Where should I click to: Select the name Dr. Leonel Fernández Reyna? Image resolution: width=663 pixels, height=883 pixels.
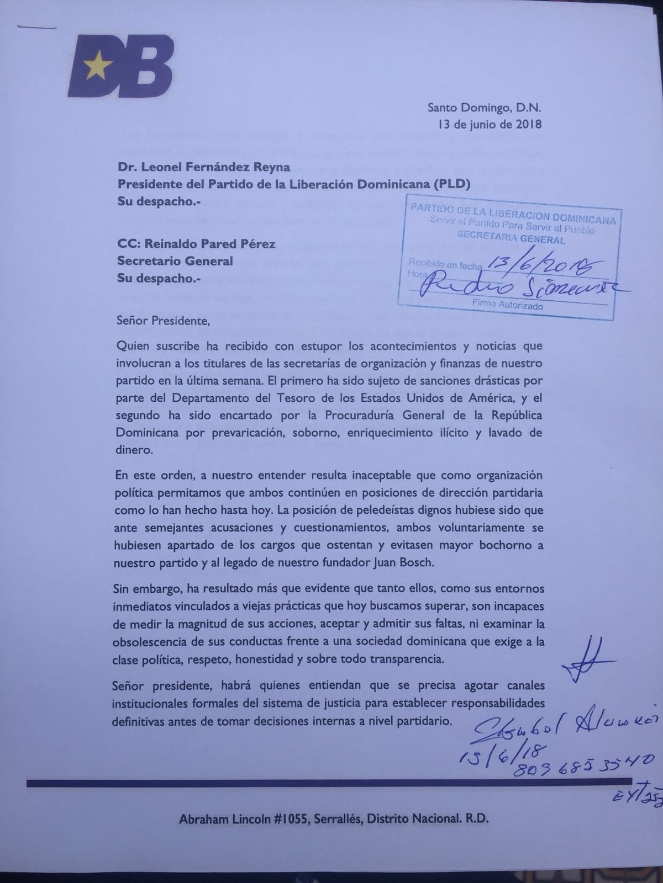pyautogui.click(x=203, y=167)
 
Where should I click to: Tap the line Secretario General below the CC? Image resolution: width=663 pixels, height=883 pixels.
pyautogui.click(x=175, y=261)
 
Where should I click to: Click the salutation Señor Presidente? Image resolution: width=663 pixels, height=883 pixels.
pyautogui.click(x=164, y=320)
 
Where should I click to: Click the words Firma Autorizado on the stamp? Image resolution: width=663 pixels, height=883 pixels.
pyautogui.click(x=507, y=304)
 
